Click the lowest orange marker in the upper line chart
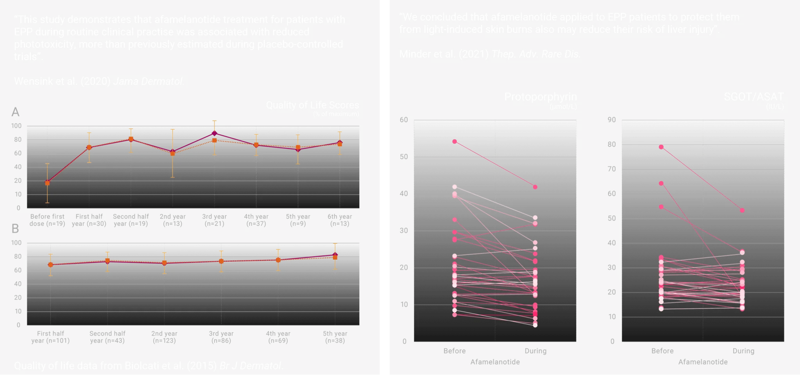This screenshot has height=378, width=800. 47,183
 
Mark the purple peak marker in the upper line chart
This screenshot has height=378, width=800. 214,133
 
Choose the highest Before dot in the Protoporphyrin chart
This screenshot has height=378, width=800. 455,142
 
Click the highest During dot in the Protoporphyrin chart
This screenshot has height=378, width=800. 535,187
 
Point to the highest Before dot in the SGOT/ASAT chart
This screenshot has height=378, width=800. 661,147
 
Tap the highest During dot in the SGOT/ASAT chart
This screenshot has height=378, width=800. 742,211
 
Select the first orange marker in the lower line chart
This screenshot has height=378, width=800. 50,265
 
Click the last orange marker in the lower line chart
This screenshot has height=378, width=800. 335,257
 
